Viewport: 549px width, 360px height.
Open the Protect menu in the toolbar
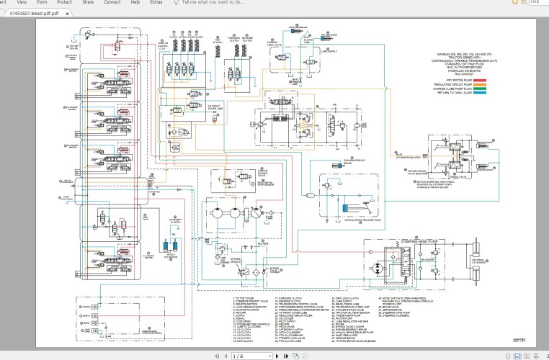(x=65, y=3)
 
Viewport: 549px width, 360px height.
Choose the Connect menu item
(x=112, y=3)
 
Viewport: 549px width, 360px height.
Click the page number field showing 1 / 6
(x=238, y=356)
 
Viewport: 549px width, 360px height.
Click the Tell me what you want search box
(x=213, y=3)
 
